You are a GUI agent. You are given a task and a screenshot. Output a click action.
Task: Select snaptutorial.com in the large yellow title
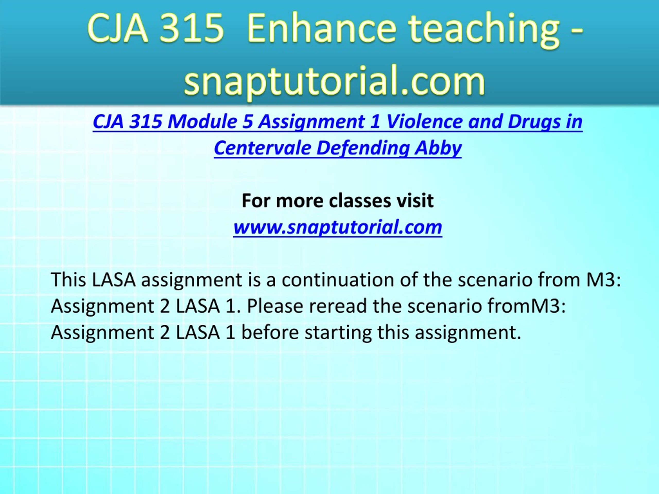click(335, 80)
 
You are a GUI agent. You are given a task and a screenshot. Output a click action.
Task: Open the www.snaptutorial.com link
click(337, 227)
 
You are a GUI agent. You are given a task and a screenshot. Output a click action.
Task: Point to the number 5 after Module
click(248, 122)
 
